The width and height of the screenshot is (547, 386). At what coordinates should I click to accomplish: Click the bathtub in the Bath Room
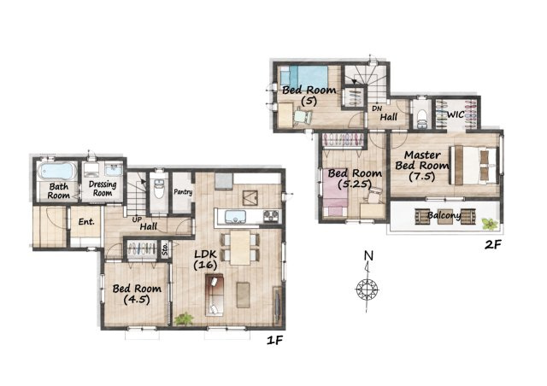[57, 172]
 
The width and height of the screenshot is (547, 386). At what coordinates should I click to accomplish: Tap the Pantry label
[183, 192]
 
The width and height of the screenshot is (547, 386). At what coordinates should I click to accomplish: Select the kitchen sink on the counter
[235, 217]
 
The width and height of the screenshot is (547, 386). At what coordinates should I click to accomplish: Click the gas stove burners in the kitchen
[272, 216]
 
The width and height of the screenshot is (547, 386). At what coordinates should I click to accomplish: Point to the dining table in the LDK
[240, 247]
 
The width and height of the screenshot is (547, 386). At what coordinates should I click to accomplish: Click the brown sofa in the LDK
[215, 295]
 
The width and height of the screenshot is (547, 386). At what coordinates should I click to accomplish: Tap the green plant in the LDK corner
[184, 319]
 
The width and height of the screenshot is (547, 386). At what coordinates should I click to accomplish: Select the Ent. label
[86, 222]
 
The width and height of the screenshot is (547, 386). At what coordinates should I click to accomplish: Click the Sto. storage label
[165, 249]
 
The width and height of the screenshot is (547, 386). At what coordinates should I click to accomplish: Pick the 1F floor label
[274, 341]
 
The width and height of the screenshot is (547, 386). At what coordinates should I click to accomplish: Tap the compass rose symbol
[367, 289]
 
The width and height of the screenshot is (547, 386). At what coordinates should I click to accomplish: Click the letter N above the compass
[368, 256]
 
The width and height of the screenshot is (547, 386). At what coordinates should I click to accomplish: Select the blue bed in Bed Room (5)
[304, 77]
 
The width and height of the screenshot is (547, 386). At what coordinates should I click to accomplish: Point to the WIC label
[456, 114]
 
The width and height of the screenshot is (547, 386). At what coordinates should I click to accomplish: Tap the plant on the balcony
[490, 224]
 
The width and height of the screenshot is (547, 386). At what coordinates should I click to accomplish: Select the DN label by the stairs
[377, 108]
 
